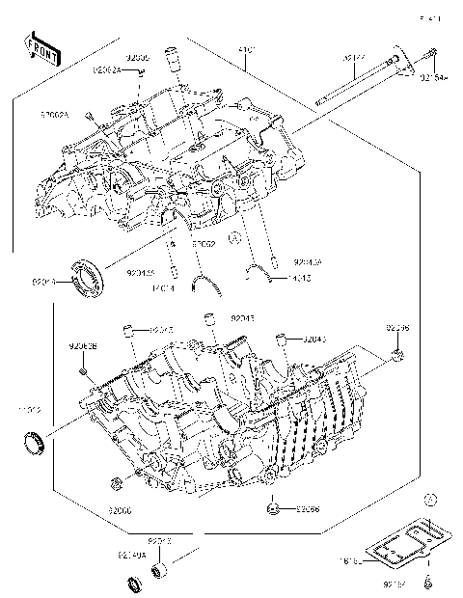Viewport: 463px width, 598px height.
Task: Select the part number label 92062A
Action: pos(108,69)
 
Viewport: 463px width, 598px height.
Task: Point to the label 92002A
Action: pos(55,114)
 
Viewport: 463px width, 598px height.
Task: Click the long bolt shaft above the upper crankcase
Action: pos(358,87)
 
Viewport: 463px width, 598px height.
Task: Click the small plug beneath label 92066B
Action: pos(85,370)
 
